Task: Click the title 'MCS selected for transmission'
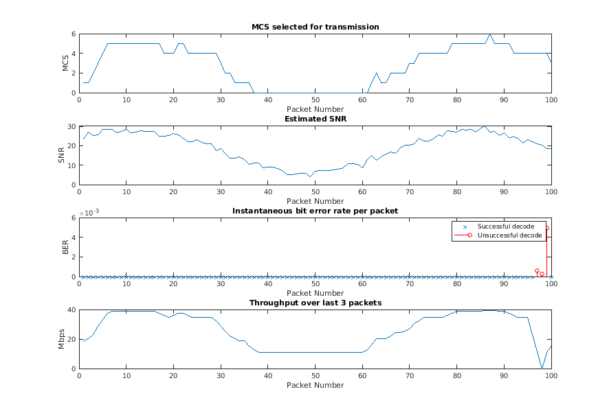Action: point(315,27)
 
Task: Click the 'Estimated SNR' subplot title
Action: point(315,119)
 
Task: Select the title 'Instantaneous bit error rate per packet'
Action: point(315,211)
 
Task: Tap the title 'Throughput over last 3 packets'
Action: point(315,303)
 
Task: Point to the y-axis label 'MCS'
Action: point(65,63)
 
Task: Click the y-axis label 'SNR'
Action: point(65,155)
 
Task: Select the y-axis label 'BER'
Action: point(65,247)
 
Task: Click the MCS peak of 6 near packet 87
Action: point(490,34)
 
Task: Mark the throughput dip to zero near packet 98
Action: point(542,368)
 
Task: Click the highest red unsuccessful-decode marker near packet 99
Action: point(547,229)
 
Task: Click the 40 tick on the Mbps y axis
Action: point(71,310)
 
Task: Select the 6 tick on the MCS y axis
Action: point(74,34)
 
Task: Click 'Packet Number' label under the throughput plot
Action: point(315,385)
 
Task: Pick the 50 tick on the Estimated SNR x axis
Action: point(315,192)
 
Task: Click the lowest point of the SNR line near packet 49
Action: point(311,176)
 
